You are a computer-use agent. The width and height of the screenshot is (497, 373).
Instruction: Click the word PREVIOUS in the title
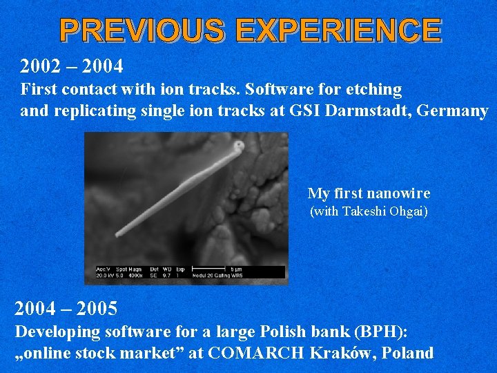(142, 31)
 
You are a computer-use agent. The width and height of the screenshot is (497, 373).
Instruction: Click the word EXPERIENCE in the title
(338, 31)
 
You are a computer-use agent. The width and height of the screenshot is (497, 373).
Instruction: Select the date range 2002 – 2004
(72, 67)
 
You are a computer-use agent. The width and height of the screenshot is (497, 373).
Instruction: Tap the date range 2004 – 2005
(66, 307)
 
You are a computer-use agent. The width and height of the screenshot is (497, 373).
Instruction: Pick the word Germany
(453, 111)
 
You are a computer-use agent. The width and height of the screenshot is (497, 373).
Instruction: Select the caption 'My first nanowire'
(369, 193)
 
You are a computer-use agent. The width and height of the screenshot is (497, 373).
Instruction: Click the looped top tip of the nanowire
(238, 146)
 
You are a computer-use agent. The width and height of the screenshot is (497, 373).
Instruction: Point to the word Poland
(407, 353)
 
